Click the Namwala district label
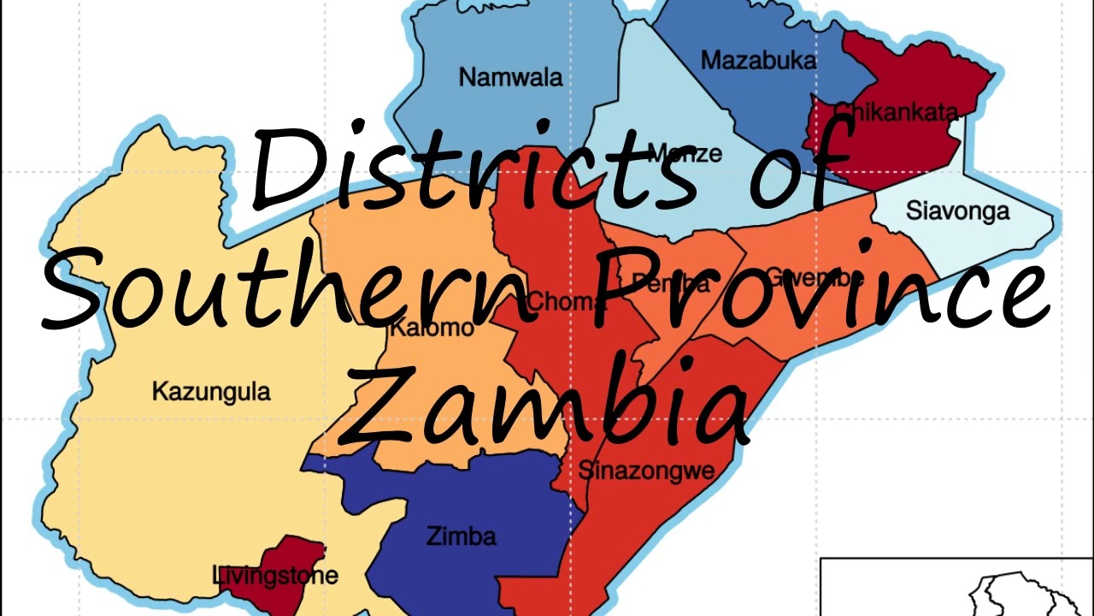[x=510, y=77]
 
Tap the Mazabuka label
[x=758, y=60]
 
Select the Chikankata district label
[x=895, y=111]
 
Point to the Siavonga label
[x=957, y=210]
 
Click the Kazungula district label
[x=211, y=392]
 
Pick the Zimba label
[x=461, y=537]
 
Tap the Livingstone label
[x=274, y=576]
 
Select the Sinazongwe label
[x=646, y=470]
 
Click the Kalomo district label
[x=431, y=329]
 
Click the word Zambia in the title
[x=547, y=406]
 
